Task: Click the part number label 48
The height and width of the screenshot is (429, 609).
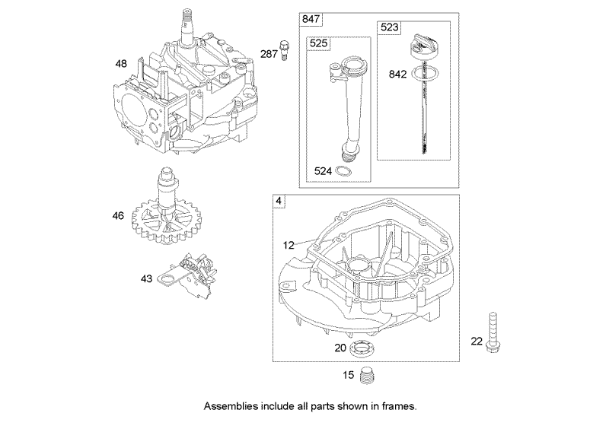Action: pos(121,64)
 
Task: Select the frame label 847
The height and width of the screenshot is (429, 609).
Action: pos(311,18)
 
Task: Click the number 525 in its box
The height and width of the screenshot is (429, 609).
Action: pos(319,44)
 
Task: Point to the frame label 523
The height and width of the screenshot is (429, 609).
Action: pos(389,28)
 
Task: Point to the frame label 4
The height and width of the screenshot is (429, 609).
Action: pos(279,202)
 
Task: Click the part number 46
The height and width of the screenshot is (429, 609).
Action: pos(118,216)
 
